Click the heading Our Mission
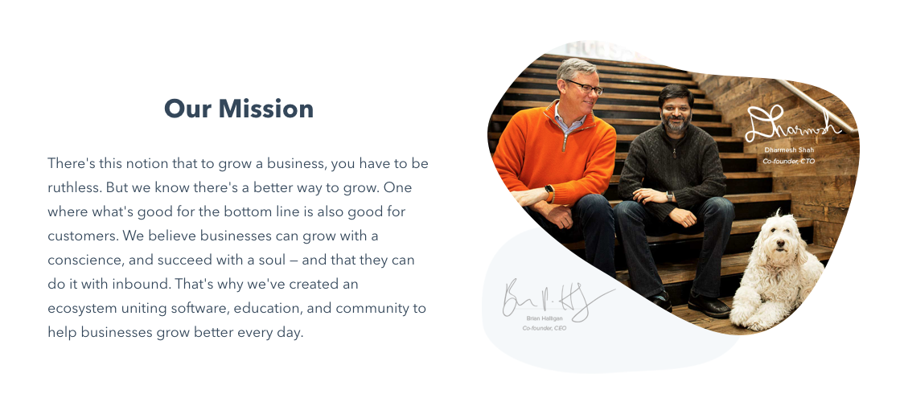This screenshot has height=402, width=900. [239, 109]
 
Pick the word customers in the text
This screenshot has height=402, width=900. [80, 236]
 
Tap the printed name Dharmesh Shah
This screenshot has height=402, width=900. [788, 150]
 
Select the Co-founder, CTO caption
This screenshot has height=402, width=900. [788, 162]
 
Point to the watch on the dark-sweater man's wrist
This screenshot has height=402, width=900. [669, 196]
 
